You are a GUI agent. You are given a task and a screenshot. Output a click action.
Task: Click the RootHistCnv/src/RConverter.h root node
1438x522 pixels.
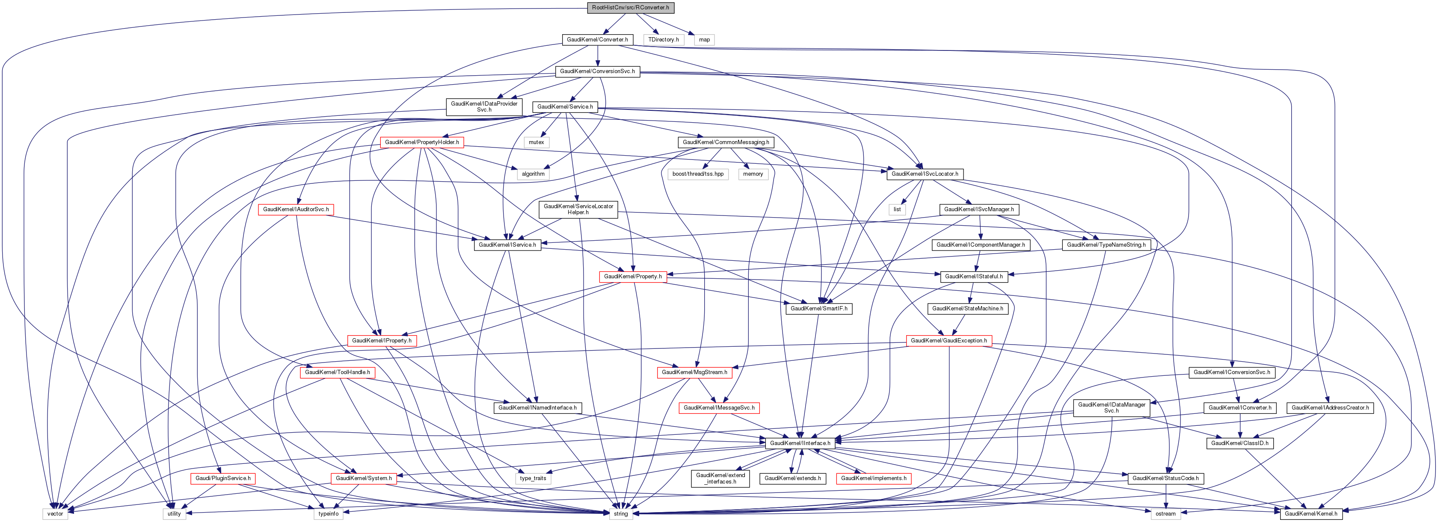[x=630, y=8]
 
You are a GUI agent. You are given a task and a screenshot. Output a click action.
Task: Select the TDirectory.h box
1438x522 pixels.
[x=663, y=40]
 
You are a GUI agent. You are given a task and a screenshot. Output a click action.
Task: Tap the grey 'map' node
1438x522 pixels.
[x=704, y=40]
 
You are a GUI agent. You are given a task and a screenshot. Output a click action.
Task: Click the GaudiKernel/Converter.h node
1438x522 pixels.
[x=597, y=40]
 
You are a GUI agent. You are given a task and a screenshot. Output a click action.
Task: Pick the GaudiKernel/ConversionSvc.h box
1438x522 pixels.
[x=597, y=71]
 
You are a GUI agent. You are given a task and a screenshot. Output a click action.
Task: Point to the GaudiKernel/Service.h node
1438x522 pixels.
[x=565, y=106]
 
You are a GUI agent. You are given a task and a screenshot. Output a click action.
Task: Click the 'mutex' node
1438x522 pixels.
[x=536, y=142]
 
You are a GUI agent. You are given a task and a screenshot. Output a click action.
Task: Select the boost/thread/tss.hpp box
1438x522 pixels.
[x=698, y=174]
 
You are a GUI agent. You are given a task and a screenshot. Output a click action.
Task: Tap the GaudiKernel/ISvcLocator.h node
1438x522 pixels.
[x=925, y=174]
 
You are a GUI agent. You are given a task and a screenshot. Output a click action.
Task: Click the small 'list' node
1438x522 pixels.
[x=897, y=209]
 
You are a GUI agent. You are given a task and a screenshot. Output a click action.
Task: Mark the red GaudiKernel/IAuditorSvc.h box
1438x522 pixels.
[x=296, y=209]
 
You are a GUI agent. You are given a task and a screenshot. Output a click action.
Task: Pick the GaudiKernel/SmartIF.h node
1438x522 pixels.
[x=818, y=308]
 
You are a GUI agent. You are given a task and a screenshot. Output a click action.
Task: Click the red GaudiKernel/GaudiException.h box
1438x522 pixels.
[x=949, y=341]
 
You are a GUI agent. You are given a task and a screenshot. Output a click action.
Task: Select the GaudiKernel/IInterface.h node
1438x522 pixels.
[x=800, y=443]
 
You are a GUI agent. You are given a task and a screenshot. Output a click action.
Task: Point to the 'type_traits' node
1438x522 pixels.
[x=533, y=478]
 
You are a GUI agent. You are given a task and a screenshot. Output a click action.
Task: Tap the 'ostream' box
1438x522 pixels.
[x=1165, y=513]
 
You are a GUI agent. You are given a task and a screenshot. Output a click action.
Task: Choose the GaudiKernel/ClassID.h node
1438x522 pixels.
[x=1239, y=443]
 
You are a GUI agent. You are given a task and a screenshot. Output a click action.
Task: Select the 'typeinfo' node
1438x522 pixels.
[x=328, y=513]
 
